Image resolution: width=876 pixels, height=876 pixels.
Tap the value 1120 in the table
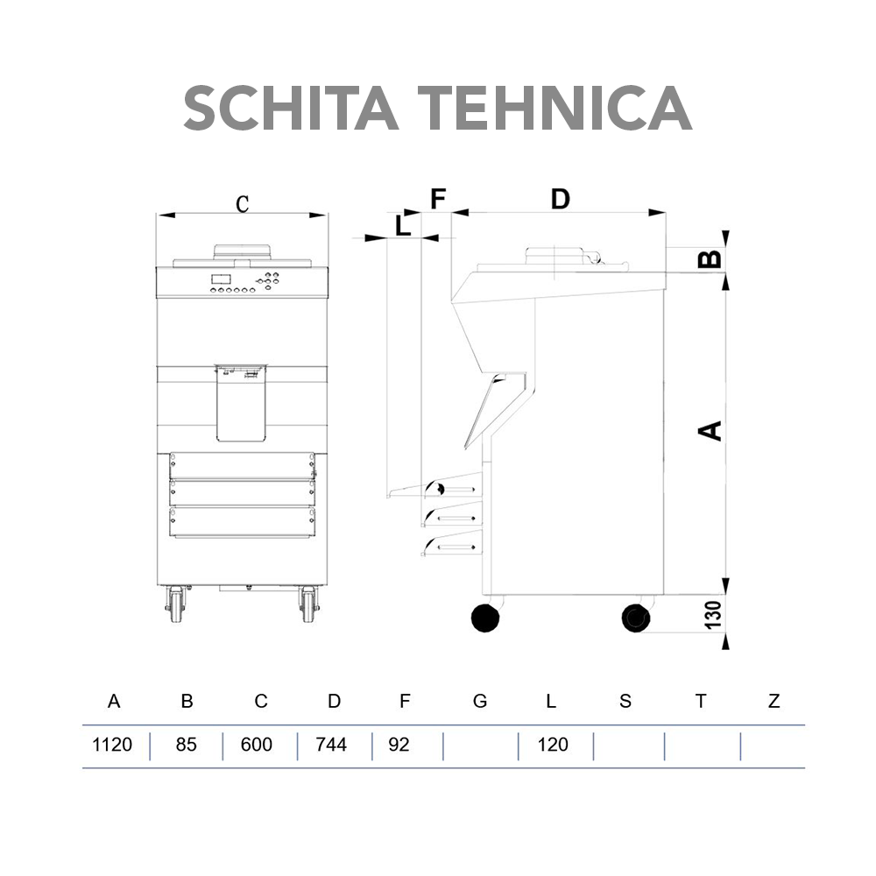(112, 745)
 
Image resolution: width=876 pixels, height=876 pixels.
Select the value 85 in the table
(186, 745)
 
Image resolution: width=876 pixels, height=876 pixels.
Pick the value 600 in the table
(256, 745)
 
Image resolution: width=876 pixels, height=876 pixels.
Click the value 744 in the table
(330, 745)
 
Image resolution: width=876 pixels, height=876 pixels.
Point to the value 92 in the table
(399, 745)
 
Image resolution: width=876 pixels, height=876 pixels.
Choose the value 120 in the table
(552, 745)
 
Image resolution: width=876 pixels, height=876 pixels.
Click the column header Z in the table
(774, 701)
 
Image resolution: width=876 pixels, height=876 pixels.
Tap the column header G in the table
(479, 701)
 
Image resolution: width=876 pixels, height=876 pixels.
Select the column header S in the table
(625, 701)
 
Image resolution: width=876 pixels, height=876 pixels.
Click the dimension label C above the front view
(243, 203)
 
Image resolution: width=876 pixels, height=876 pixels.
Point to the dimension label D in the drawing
(560, 200)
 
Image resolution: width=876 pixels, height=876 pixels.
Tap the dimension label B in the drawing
(710, 258)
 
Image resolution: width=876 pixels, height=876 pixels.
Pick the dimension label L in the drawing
(402, 225)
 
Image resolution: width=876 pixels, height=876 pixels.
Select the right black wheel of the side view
(635, 618)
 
